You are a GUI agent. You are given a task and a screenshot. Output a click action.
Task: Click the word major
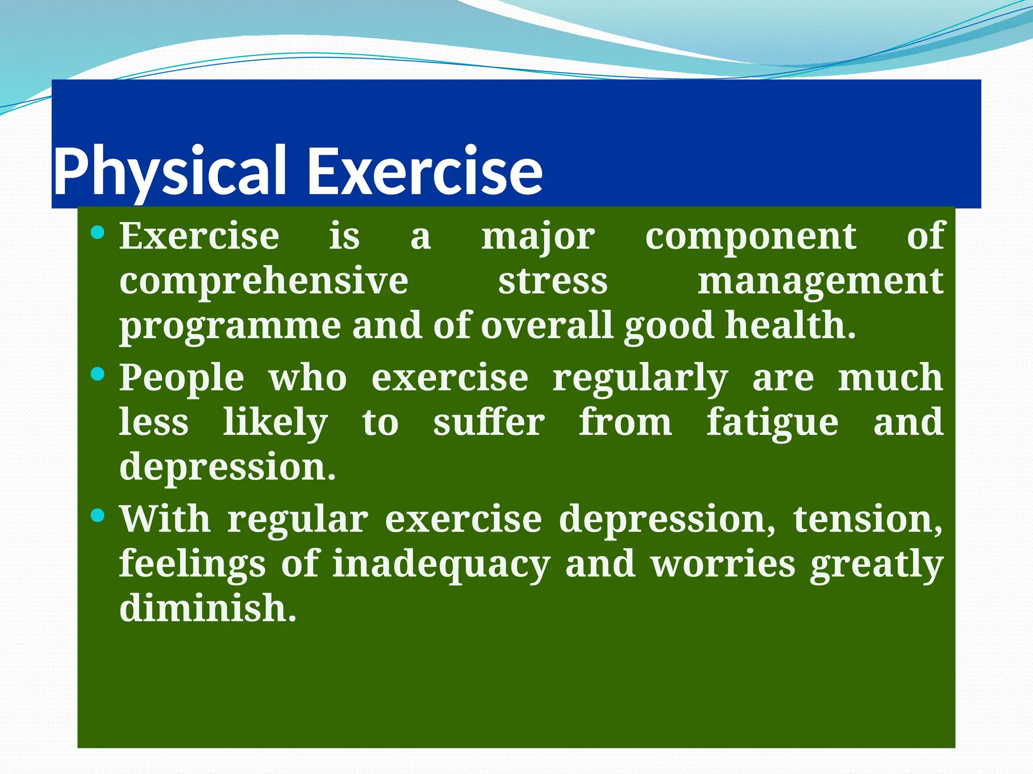pos(538,237)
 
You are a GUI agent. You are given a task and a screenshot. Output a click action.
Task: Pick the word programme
pos(230,327)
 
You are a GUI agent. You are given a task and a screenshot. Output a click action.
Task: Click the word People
pos(182,379)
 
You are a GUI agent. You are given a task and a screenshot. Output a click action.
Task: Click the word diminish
pos(208,608)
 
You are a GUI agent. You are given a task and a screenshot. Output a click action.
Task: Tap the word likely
pos(275,423)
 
